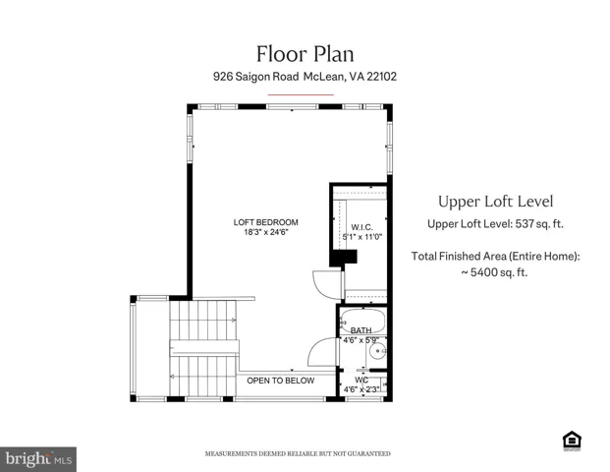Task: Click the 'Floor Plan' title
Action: (305, 54)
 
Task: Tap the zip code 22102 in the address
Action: (382, 77)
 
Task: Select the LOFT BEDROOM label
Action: (265, 222)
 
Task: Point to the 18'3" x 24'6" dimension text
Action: (265, 232)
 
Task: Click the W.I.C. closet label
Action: (361, 227)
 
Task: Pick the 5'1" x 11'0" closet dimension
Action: (362, 237)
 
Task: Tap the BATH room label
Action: (361, 330)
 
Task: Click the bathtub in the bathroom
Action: (362, 321)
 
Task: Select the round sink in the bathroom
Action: (377, 352)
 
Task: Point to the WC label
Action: (361, 380)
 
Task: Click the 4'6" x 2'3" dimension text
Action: (361, 389)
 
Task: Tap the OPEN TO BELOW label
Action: (281, 381)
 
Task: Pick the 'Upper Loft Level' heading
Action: (496, 202)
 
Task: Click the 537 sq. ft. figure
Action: (539, 224)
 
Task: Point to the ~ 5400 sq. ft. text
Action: (494, 272)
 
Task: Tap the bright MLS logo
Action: (38, 459)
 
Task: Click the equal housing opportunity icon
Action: (572, 441)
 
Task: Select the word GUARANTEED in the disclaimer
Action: (368, 453)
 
